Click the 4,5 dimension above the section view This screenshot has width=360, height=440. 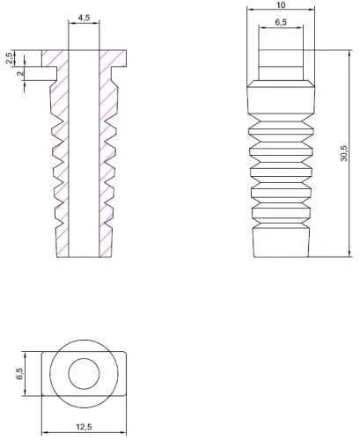click(x=82, y=18)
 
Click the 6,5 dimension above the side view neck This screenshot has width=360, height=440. click(x=281, y=22)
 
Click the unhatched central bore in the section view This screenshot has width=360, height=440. click(x=82, y=158)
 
